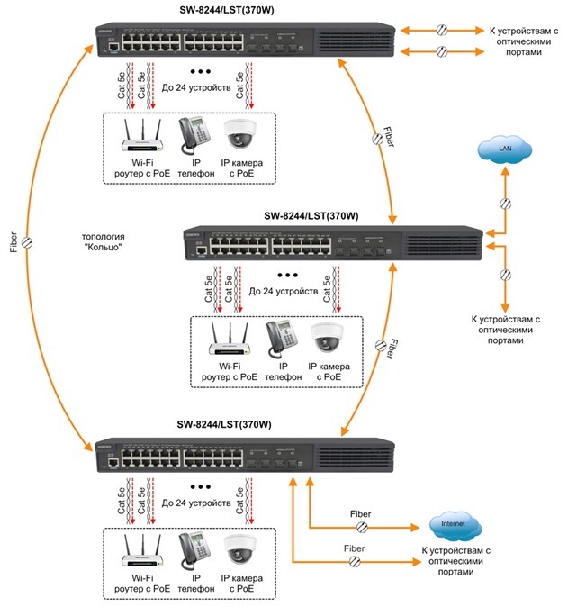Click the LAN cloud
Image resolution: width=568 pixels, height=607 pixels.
[x=498, y=148]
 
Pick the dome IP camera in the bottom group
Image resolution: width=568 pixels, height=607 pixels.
[x=239, y=546]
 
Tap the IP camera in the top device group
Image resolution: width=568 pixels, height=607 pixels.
[x=239, y=133]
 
